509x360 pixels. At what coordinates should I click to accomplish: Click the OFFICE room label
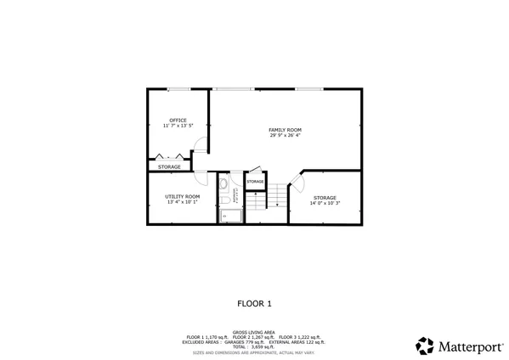pyautogui.click(x=178, y=121)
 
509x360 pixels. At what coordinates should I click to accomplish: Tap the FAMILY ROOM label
pyautogui.click(x=286, y=130)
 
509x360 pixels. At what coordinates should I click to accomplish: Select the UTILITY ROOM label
pyautogui.click(x=183, y=197)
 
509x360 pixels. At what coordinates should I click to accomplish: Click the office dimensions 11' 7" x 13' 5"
pyautogui.click(x=178, y=126)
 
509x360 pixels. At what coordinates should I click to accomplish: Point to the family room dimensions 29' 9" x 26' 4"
pyautogui.click(x=286, y=135)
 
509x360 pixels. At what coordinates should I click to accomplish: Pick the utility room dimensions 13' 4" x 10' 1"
pyautogui.click(x=183, y=202)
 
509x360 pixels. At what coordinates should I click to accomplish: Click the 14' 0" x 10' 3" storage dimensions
pyautogui.click(x=324, y=203)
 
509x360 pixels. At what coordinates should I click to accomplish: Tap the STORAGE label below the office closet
pyautogui.click(x=169, y=166)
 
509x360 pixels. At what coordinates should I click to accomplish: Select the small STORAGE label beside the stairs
pyautogui.click(x=255, y=182)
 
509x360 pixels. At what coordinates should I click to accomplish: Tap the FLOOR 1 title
pyautogui.click(x=254, y=302)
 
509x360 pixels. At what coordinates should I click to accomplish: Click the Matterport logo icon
pyautogui.click(x=424, y=346)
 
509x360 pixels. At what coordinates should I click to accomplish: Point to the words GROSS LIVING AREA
pyautogui.click(x=254, y=333)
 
